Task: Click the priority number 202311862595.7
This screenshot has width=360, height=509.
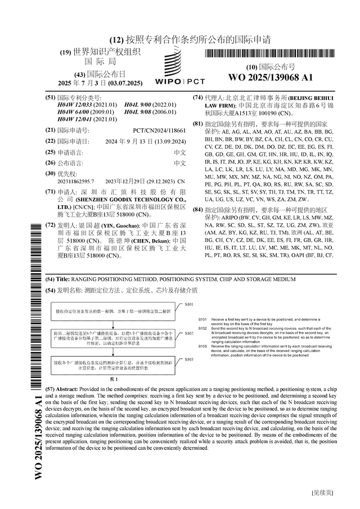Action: point(75,182)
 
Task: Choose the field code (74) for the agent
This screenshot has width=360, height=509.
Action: point(198,97)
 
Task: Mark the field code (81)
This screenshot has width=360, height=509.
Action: point(198,123)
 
